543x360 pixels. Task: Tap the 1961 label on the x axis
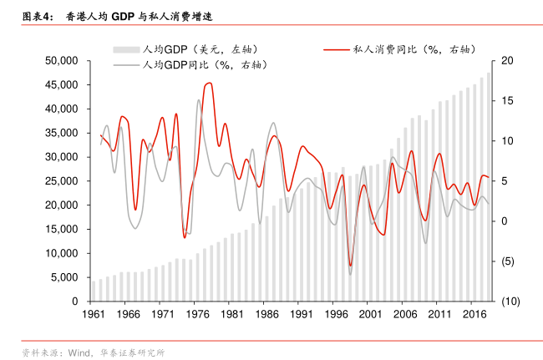pyautogui.click(x=93, y=315)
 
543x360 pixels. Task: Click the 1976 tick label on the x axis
pyautogui.click(x=197, y=315)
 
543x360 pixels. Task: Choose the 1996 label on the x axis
pyautogui.click(x=336, y=315)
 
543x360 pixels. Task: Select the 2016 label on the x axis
pyautogui.click(x=474, y=315)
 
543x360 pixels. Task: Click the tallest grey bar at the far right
pyautogui.click(x=489, y=184)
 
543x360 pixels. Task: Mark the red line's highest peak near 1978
pyautogui.click(x=209, y=83)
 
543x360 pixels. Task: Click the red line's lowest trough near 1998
pyautogui.click(x=350, y=266)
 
